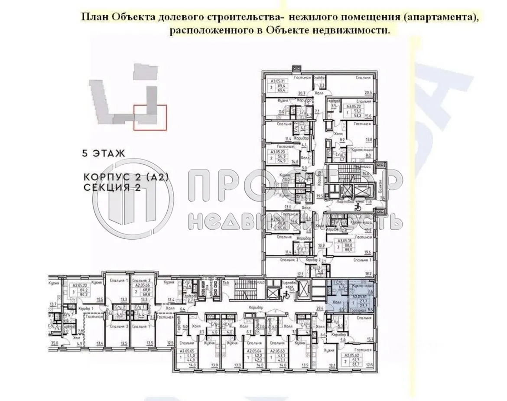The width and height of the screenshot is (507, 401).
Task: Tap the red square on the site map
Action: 150,117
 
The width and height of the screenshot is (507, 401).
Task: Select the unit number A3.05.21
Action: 277,81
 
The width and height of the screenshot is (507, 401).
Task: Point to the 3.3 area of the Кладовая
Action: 322,85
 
